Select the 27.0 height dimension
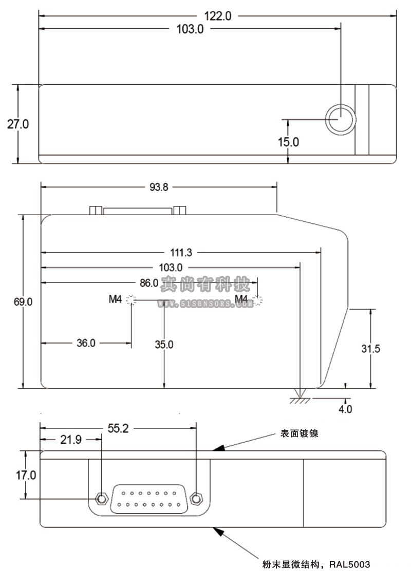17,124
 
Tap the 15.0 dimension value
288,142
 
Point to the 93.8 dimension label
159,187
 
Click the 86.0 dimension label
148,282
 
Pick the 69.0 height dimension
23,302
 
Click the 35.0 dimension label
164,345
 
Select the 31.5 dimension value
370,349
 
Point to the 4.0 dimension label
345,409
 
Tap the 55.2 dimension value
118,428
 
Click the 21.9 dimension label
70,440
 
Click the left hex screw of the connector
102,498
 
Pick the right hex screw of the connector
196,498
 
